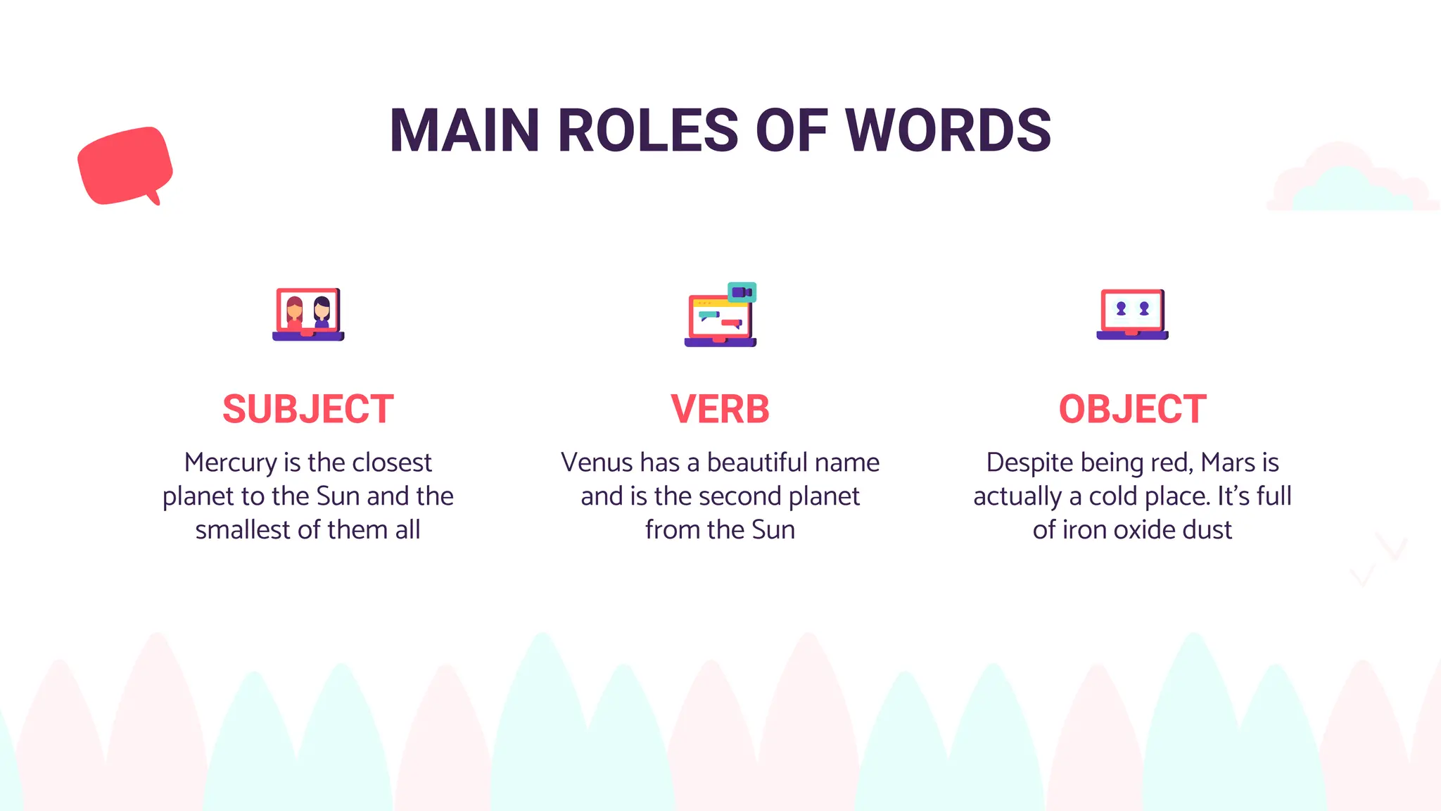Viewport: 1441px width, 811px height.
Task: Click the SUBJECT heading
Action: (x=308, y=409)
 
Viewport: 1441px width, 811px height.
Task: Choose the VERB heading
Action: (x=720, y=409)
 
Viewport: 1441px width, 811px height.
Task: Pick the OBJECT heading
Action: (x=1132, y=409)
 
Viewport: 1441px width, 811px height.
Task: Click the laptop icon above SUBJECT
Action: (x=308, y=315)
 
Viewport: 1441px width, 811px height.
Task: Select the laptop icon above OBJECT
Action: (x=1132, y=315)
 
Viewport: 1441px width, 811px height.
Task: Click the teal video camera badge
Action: (x=742, y=292)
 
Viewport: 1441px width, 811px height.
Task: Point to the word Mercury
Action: (x=230, y=463)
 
